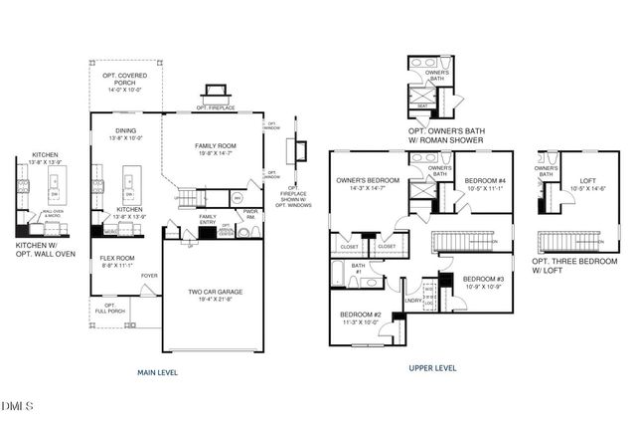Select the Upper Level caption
click(x=432, y=367)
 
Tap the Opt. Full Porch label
click(x=109, y=309)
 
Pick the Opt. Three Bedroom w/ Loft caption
click(x=569, y=265)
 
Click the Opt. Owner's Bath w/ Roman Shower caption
click(x=446, y=135)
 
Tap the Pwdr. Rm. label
click(x=250, y=213)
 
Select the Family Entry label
click(x=208, y=220)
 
